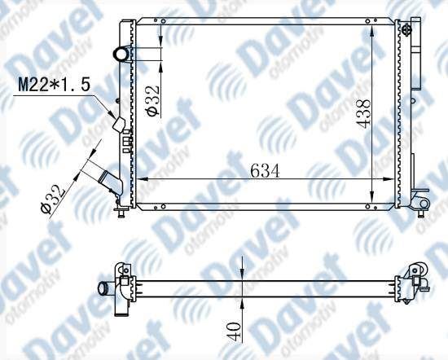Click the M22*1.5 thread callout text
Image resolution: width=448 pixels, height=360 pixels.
(55, 85)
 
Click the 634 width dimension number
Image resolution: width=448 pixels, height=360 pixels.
(265, 171)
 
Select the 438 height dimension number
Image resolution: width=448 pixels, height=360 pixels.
(363, 114)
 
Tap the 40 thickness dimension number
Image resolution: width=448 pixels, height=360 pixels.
(234, 331)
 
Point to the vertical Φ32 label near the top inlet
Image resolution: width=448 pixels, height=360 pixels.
(153, 100)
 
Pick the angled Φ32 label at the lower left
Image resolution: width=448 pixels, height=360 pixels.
(53, 200)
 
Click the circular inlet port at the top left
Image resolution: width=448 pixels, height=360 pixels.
(121, 54)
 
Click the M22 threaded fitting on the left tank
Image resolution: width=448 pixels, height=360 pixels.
(119, 125)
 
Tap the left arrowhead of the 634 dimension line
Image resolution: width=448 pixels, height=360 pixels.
(143, 179)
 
